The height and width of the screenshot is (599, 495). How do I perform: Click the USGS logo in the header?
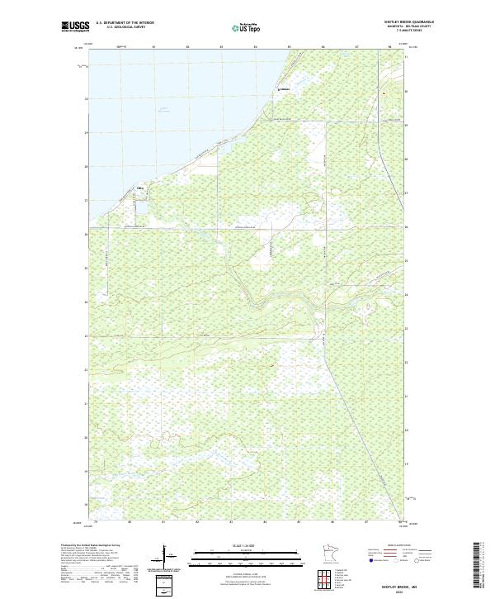(76, 26)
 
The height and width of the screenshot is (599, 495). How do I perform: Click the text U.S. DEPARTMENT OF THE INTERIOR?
(125, 23)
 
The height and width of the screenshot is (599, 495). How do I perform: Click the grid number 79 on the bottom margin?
(96, 522)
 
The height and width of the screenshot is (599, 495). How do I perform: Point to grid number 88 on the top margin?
(389, 47)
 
